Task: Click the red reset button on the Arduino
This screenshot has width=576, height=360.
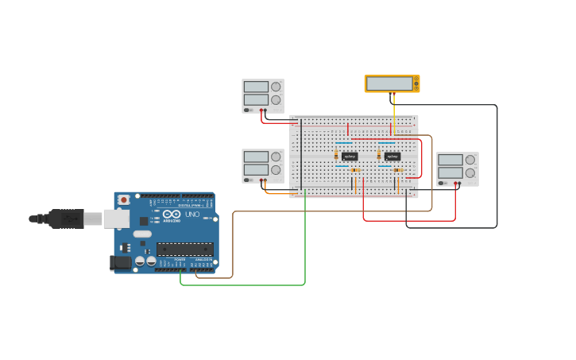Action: (x=123, y=200)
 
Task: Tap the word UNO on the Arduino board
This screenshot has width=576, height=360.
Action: (x=192, y=215)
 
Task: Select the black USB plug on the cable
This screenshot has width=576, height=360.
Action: (x=67, y=219)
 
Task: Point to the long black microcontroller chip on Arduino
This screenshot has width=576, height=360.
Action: (x=185, y=250)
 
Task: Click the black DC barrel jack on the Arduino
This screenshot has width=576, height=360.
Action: (x=120, y=262)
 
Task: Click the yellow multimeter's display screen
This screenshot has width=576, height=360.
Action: (x=389, y=83)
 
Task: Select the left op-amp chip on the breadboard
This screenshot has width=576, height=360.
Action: (x=350, y=157)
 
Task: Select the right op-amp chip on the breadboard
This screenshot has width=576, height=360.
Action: (x=392, y=157)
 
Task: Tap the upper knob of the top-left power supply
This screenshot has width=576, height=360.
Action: (x=276, y=87)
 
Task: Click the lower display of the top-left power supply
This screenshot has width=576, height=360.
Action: (x=256, y=100)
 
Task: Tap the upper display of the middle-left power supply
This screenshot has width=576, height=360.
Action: (x=256, y=157)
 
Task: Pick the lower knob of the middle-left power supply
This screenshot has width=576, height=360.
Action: (x=276, y=170)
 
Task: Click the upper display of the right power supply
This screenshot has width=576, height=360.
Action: (x=450, y=160)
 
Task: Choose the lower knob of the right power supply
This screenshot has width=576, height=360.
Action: (x=470, y=172)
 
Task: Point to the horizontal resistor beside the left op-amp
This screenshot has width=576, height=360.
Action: (x=354, y=170)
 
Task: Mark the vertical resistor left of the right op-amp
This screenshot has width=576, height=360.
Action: (x=379, y=155)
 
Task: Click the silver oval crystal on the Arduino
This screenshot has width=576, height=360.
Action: (x=142, y=234)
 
